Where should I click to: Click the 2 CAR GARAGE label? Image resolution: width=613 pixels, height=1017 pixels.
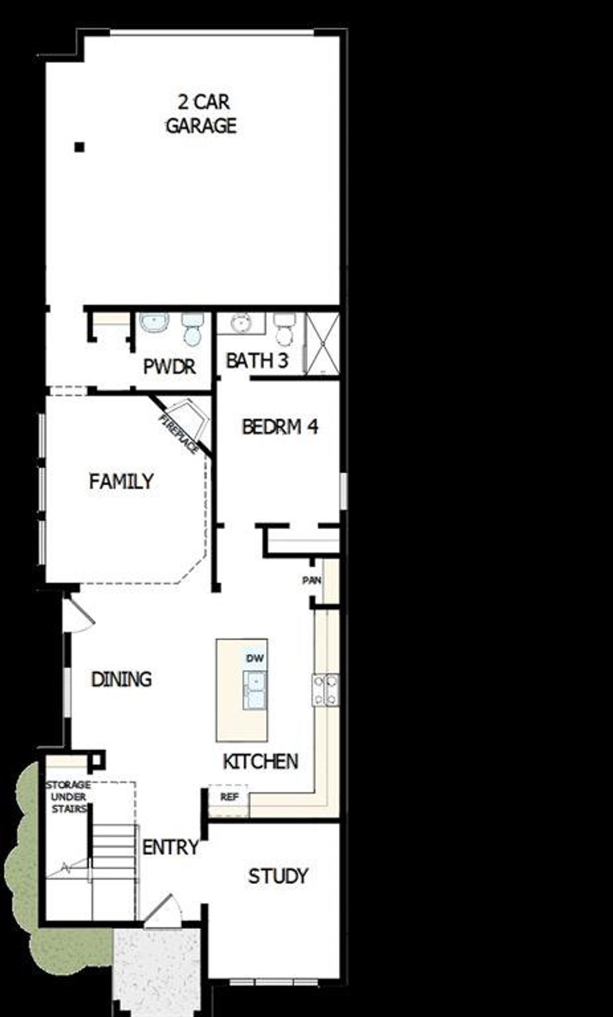pos(201,114)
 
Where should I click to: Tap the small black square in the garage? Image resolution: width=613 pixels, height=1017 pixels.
pos(79,147)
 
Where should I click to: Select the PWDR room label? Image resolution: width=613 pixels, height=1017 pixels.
pos(170,367)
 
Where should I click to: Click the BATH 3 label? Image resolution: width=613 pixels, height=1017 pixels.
pos(257,361)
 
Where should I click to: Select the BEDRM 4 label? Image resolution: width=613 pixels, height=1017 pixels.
pos(280,426)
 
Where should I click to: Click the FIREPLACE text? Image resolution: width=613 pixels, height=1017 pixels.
pos(179,434)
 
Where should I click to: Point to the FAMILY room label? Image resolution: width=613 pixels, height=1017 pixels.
pos(121,481)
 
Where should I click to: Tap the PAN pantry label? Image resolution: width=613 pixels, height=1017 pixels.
pos(311,581)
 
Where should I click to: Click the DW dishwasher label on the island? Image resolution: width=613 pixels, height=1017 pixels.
pos(255,658)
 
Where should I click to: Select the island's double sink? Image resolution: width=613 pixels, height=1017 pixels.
pos(254,690)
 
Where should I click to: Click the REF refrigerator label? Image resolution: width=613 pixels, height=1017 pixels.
pos(229,797)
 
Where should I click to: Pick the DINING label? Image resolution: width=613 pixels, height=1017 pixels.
pos(122,679)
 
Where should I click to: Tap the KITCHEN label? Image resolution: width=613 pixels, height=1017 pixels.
pos(261,762)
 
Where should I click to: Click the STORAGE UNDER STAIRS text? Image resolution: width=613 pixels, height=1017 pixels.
pos(68,797)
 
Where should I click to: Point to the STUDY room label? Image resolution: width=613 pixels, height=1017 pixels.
pos(278,876)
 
